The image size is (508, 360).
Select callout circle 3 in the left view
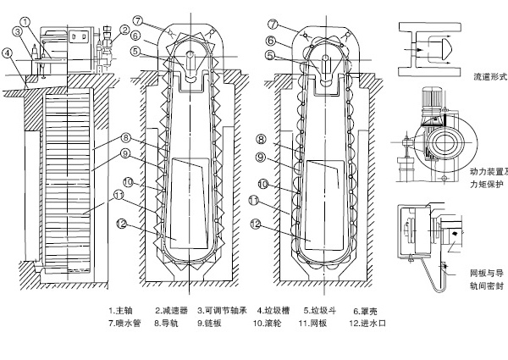(x=17, y=31)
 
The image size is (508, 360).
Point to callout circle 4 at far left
(x=8, y=53)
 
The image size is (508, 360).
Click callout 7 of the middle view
(x=139, y=19)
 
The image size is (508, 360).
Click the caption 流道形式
(x=489, y=76)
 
